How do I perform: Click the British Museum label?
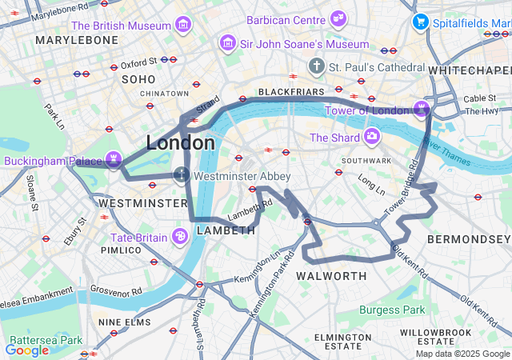point(121,26)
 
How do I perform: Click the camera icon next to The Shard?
point(371,137)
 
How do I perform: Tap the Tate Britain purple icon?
point(180,236)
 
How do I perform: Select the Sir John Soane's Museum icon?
point(229,43)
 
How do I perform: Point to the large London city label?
point(180,143)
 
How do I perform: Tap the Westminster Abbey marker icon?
point(182,174)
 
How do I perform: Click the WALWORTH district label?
point(331,276)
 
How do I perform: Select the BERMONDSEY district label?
point(468,239)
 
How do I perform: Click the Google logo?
point(26,350)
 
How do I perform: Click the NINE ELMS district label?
point(124,322)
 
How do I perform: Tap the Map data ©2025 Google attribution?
point(461,354)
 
